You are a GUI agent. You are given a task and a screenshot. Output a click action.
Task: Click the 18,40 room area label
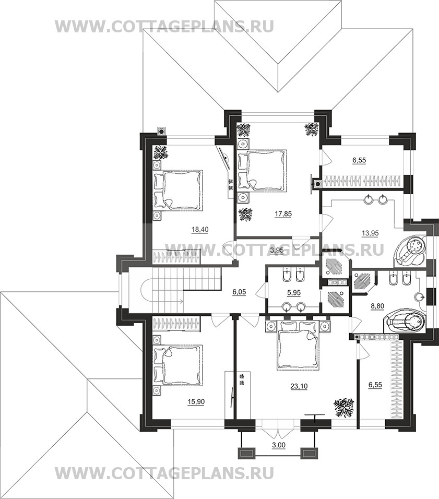tap(200, 230)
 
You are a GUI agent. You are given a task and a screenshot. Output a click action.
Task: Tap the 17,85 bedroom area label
tap(283, 214)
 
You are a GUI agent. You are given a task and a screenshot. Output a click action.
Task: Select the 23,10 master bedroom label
tap(299, 386)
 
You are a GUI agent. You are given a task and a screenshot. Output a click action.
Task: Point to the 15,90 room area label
tap(196, 402)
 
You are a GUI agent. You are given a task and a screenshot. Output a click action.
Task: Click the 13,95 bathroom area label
tap(370, 233)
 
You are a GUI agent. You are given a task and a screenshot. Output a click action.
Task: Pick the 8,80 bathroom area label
tap(378, 306)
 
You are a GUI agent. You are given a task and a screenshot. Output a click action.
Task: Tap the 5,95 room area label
tap(294, 292)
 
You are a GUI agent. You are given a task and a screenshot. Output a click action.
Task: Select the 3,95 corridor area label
tap(277, 251)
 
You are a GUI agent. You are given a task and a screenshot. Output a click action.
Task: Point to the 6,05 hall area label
tap(239, 291)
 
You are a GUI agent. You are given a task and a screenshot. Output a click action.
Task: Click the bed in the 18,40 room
tap(179, 190)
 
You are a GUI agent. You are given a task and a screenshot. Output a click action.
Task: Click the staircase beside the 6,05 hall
tap(180, 290)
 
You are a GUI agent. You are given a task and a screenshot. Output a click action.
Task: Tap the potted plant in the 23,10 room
tap(343, 407)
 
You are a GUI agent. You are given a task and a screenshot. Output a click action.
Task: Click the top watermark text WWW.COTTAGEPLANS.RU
tap(164, 27)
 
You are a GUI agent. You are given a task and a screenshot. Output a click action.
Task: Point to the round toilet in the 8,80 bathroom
tap(420, 297)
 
